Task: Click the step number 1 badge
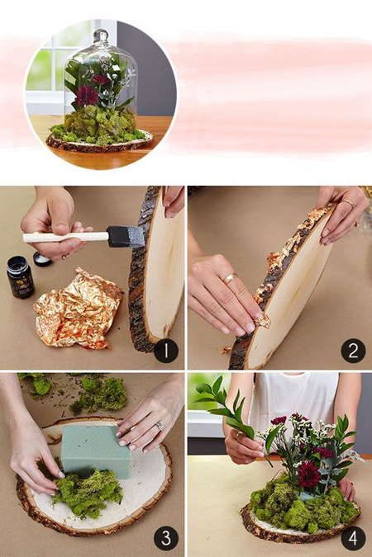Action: tap(166, 351)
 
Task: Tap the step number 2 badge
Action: tap(353, 351)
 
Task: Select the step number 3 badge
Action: tap(166, 538)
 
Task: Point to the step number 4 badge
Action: tap(353, 538)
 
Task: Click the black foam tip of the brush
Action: tap(126, 237)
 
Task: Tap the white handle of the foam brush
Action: tap(66, 237)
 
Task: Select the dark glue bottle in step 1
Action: tap(21, 276)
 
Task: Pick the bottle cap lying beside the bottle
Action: tap(42, 259)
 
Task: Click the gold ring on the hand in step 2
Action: tap(230, 278)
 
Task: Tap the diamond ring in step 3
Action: tap(160, 427)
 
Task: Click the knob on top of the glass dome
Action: tap(101, 35)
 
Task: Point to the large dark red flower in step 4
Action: tap(309, 476)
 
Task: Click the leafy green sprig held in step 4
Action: tap(225, 405)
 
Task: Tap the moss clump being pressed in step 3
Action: tap(86, 491)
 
